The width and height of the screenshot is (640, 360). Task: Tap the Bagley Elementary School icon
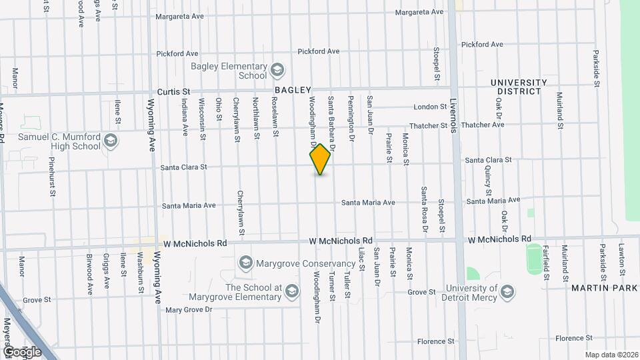click(277, 69)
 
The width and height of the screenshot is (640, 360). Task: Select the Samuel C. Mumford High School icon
click(111, 141)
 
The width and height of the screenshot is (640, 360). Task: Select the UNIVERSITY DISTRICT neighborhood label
click(519, 87)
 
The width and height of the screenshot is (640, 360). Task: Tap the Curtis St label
click(173, 92)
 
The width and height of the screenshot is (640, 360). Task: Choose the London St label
click(429, 107)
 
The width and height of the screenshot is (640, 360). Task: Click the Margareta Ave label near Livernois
click(419, 12)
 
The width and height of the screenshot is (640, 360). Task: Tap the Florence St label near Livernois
click(435, 341)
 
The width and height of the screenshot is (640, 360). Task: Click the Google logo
click(22, 351)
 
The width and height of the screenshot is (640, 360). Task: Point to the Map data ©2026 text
click(611, 355)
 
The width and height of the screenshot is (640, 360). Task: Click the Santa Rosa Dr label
click(423, 210)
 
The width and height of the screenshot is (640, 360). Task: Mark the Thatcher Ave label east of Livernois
click(482, 125)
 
